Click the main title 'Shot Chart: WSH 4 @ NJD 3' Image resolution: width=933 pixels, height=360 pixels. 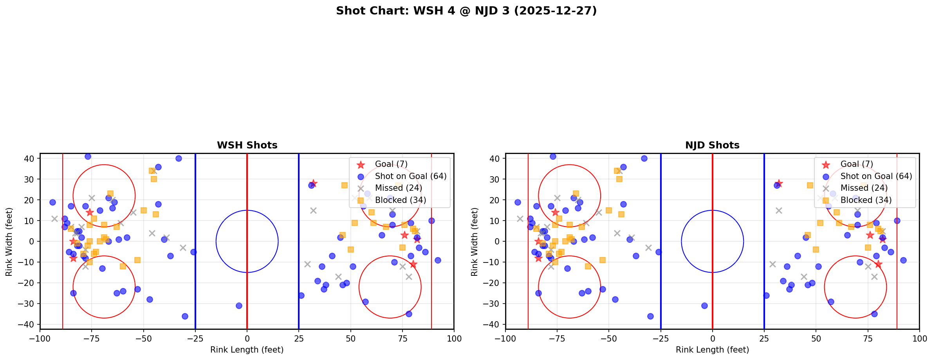point(466,11)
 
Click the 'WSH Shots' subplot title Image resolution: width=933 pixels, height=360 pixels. point(247,145)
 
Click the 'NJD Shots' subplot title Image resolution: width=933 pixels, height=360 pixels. point(712,145)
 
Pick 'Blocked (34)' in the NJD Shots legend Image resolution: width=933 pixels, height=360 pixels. point(866,200)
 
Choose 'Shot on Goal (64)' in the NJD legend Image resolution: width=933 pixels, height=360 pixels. point(876,176)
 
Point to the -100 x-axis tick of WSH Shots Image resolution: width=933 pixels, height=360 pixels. point(40,338)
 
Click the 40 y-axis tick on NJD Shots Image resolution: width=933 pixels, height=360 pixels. point(494,159)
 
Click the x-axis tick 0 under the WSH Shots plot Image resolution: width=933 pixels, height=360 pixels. point(247,338)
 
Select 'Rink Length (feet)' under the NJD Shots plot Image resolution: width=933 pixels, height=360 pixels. point(712,350)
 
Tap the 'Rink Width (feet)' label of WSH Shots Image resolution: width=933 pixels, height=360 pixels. point(9,241)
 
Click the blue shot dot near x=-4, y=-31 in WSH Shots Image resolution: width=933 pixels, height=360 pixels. point(239,306)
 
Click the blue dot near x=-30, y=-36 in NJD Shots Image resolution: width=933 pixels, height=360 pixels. point(650,316)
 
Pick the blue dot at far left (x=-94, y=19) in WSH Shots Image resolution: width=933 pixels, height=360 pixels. point(52,202)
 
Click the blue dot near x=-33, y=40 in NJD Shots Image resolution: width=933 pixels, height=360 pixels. point(644,158)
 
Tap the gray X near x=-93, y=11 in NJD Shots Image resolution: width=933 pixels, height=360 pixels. point(520,219)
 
